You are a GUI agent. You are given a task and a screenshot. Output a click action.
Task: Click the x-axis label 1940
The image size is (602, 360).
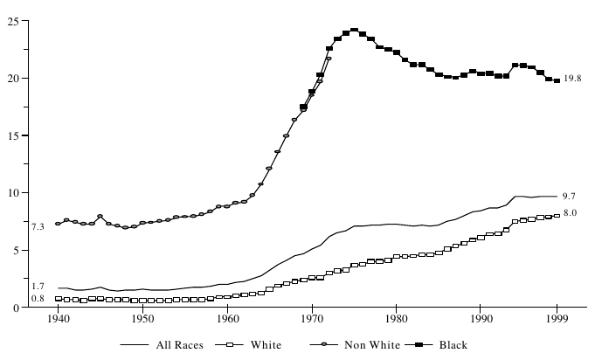point(59,319)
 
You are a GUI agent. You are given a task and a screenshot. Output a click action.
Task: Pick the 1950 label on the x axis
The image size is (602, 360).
point(142,319)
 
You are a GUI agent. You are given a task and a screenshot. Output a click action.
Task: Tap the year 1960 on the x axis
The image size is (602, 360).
point(227,319)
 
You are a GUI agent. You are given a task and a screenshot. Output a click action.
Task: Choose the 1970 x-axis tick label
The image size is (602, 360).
point(312,319)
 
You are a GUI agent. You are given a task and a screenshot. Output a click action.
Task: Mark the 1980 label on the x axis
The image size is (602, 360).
point(396,319)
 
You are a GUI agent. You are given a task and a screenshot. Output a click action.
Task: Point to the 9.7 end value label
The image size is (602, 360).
point(570,196)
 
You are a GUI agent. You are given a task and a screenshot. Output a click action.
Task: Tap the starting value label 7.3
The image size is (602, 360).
point(38,227)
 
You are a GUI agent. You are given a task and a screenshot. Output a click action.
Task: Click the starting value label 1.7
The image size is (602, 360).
point(38,287)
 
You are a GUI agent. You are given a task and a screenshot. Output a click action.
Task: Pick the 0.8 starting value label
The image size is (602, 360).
point(38,300)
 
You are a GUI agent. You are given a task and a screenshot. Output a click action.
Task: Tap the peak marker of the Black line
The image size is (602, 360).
point(354,30)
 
